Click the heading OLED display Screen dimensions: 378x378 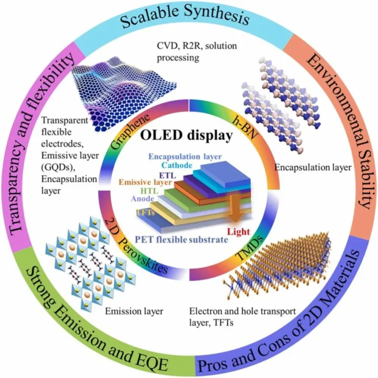[186, 135]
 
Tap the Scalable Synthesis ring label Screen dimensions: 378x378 [185, 18]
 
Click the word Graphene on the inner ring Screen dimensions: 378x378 [129, 132]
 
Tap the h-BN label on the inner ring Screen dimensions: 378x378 [244, 128]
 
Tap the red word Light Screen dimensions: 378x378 [239, 231]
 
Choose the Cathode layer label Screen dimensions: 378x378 [177, 165]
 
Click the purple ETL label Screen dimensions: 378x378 [167, 175]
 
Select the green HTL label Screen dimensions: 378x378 [150, 191]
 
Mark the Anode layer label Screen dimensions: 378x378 [142, 199]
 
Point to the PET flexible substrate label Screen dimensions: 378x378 [181, 240]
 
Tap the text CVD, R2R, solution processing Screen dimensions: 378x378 [197, 52]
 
